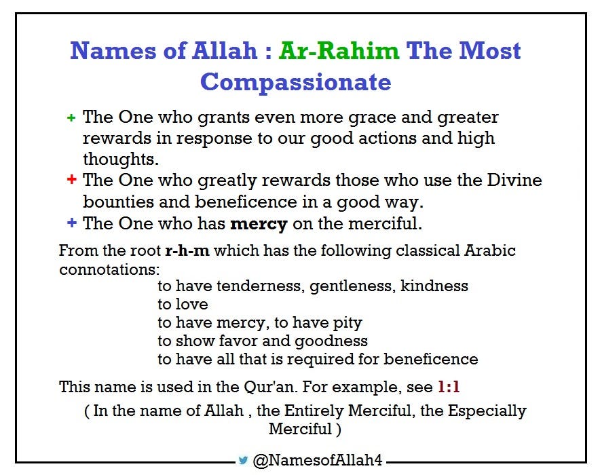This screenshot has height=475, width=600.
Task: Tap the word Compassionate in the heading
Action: [x=295, y=82]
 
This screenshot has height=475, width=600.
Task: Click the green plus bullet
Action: [x=71, y=118]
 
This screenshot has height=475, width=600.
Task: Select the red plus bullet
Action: [x=71, y=180]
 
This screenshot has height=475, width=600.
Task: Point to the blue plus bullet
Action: [x=71, y=223]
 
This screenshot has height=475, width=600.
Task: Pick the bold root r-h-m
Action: [x=187, y=250]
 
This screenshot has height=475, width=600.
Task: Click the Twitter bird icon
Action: [x=243, y=460]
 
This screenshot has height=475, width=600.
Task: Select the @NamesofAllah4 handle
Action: [x=318, y=461]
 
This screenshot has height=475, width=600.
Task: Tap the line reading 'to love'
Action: [x=183, y=304]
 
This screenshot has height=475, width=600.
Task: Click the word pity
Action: [x=346, y=322]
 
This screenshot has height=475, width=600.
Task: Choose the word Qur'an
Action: [x=278, y=387]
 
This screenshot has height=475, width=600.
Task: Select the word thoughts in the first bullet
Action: [x=120, y=159]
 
